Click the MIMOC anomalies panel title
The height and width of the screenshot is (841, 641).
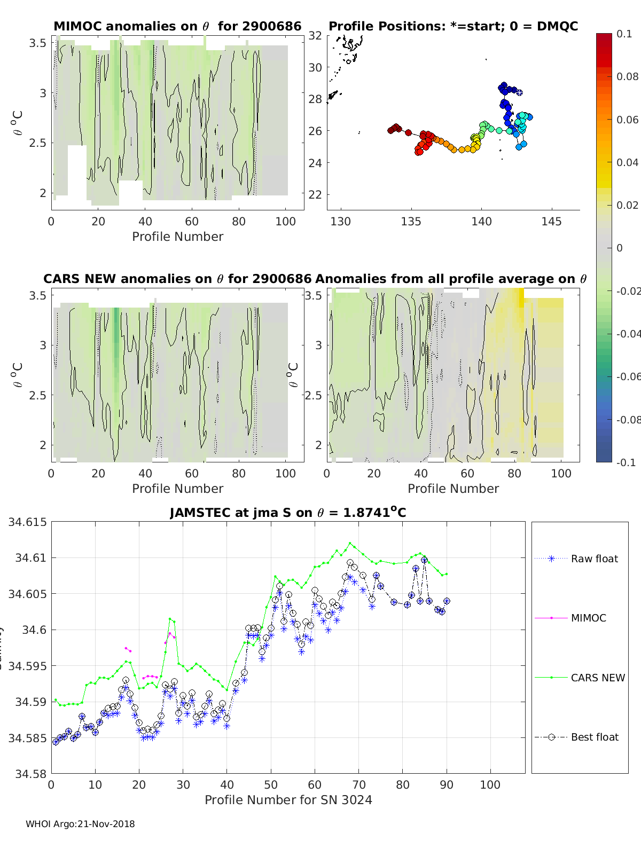(177, 26)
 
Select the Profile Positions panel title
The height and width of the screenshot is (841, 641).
(453, 26)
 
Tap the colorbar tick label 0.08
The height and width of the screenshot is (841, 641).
(627, 76)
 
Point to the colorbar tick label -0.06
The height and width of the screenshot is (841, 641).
(628, 376)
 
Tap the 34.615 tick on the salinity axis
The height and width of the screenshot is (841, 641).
(27, 522)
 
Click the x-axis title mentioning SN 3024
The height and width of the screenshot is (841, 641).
(288, 800)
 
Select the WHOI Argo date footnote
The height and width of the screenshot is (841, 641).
(80, 824)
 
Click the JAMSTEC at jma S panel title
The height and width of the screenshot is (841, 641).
(288, 513)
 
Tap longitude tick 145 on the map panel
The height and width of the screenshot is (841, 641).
(551, 221)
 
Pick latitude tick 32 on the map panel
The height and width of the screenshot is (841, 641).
(315, 36)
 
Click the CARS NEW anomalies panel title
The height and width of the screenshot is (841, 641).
(177, 279)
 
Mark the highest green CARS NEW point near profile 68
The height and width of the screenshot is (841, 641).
(350, 543)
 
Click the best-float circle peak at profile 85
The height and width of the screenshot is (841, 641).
(424, 560)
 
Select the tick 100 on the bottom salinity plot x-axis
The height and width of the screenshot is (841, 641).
(490, 785)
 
